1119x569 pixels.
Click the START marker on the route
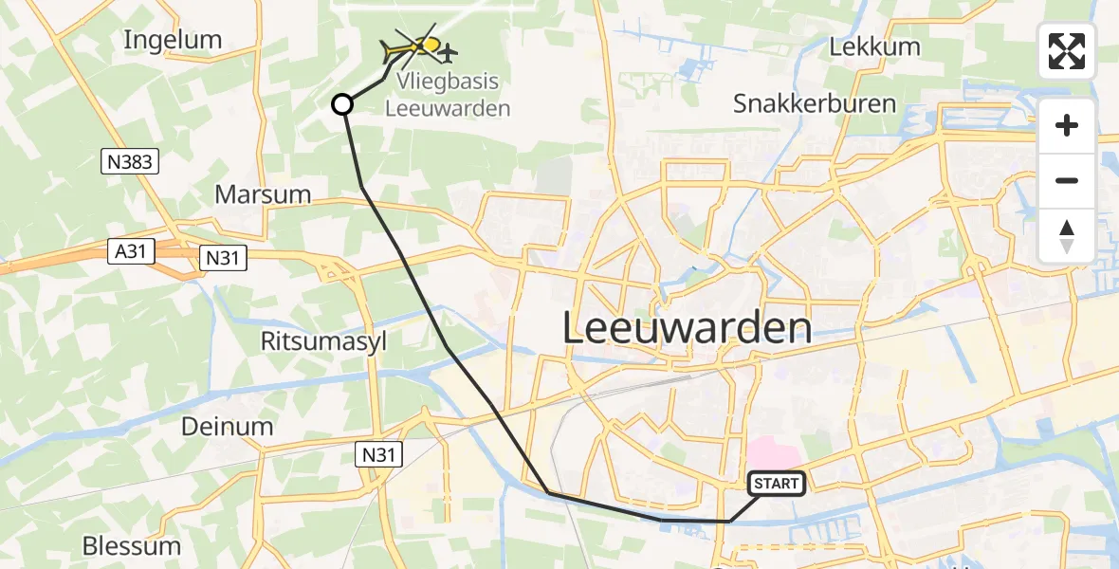777,484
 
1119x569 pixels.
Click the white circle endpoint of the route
342,104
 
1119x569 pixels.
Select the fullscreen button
1067,51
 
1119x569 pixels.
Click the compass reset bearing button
1067,236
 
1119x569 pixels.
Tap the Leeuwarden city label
688,328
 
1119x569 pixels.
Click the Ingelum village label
173,40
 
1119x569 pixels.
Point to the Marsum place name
263,194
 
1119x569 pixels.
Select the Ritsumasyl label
324,342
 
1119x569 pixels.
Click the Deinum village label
228,427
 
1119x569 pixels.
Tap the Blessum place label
131,546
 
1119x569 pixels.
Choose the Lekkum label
874,46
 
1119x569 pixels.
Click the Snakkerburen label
815,103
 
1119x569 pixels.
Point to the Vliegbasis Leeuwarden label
448,95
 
